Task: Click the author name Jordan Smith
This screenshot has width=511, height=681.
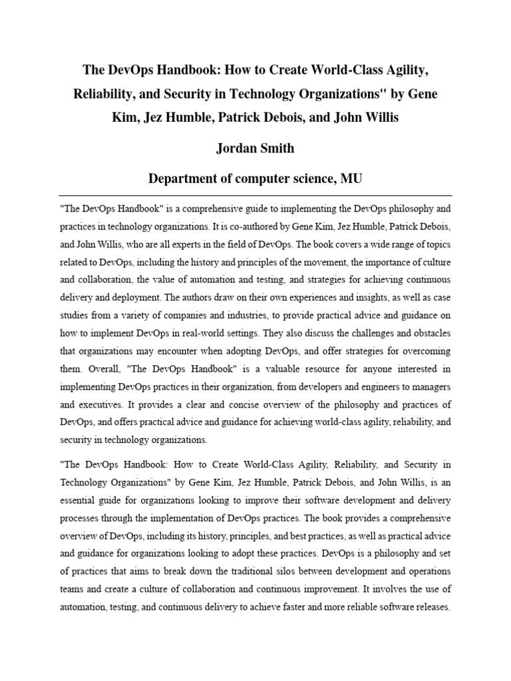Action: pyautogui.click(x=255, y=148)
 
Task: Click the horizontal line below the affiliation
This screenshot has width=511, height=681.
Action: pyautogui.click(x=255, y=196)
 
